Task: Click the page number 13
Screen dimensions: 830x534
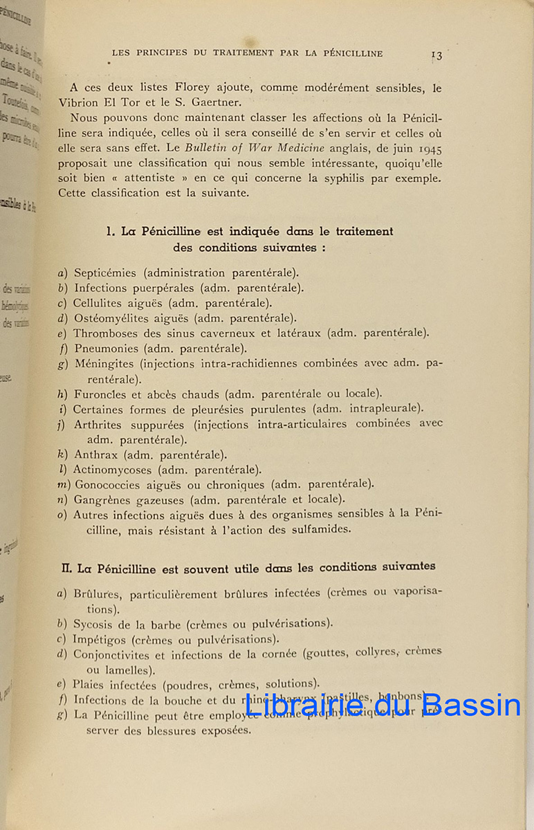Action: click(x=436, y=55)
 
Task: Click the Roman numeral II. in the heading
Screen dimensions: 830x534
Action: click(x=67, y=569)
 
